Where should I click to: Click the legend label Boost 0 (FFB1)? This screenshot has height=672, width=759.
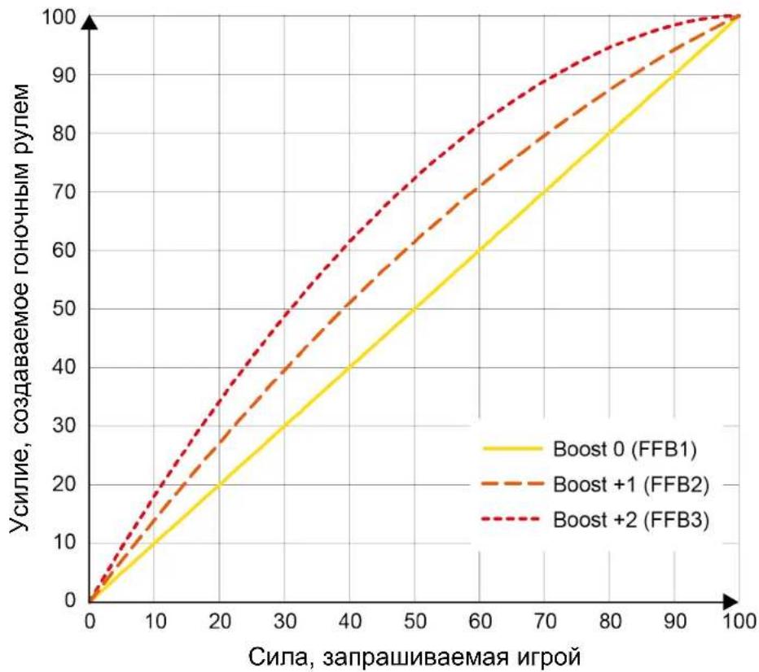click(625, 449)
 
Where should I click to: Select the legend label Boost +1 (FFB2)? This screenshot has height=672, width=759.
click(630, 484)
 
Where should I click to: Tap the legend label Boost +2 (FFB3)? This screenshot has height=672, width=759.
click(630, 520)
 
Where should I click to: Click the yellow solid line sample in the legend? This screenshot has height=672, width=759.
click(512, 449)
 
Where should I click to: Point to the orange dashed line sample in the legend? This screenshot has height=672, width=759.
click(512, 484)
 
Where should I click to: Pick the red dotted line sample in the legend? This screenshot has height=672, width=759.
click(511, 520)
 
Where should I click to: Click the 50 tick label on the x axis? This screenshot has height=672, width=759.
click(415, 622)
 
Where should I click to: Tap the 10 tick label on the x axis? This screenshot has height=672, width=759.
click(156, 622)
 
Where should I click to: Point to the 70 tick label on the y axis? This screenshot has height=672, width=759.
click(64, 192)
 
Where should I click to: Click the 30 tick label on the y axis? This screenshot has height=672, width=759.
click(64, 426)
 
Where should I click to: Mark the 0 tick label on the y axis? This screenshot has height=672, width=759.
click(70, 600)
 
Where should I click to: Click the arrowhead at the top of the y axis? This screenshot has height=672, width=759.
click(89, 22)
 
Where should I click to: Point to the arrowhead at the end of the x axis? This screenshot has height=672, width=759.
click(730, 602)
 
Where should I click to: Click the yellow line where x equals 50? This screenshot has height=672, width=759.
click(414, 309)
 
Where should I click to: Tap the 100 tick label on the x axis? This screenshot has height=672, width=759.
click(739, 622)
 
